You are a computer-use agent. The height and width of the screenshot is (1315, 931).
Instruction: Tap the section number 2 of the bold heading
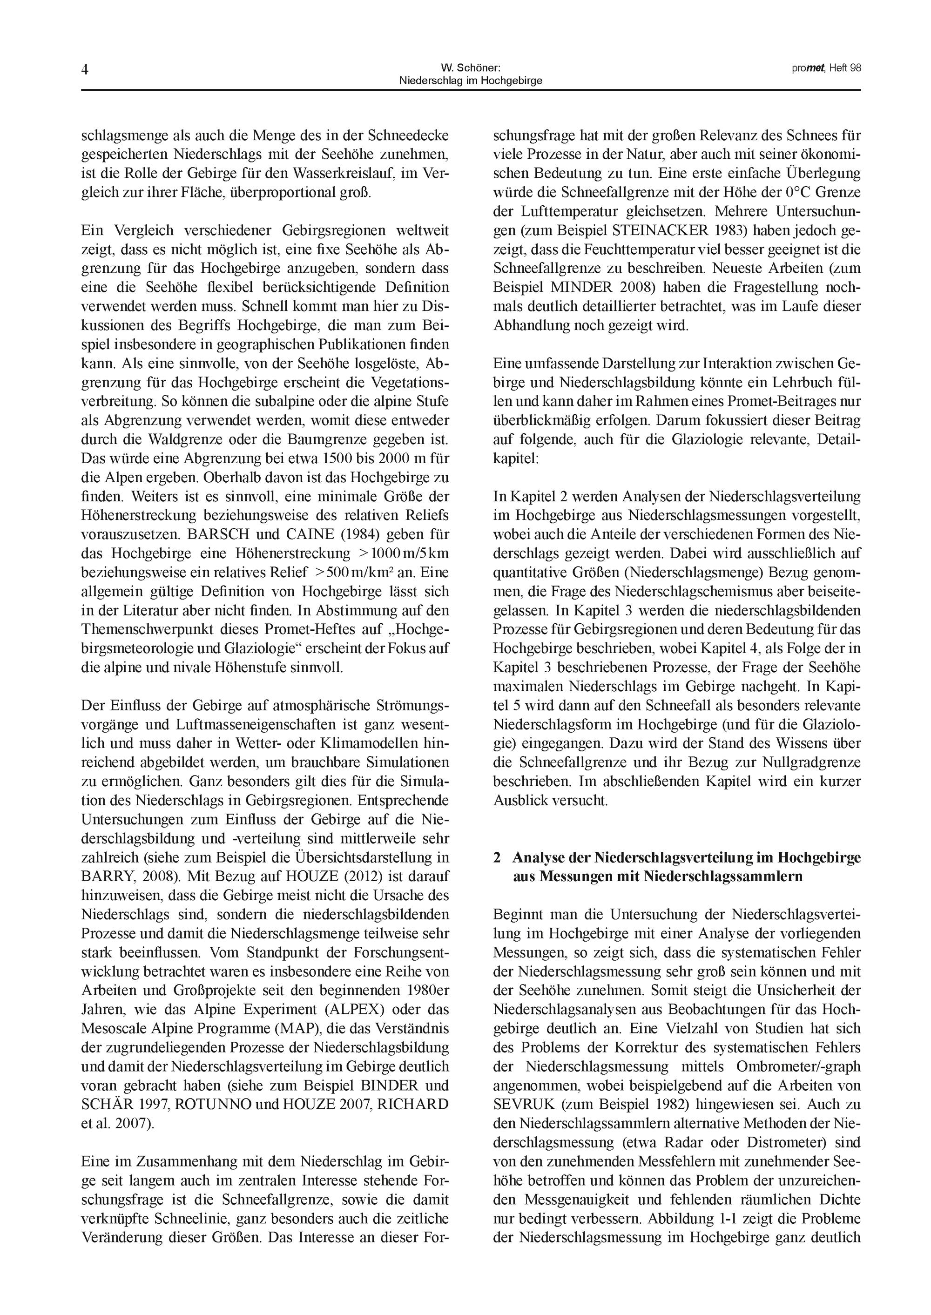click(497, 857)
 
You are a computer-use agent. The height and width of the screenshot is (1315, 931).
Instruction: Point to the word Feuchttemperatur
click(634, 250)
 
